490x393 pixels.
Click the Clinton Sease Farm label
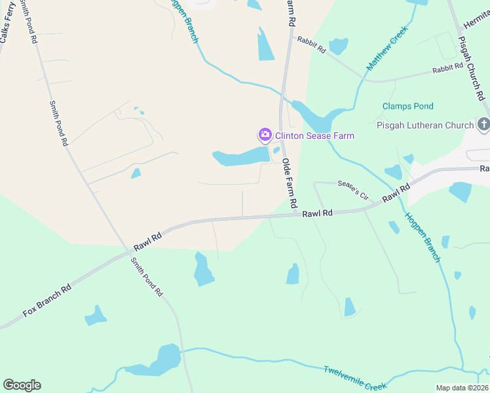coord(314,136)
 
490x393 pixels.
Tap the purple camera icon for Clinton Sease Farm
coord(265,136)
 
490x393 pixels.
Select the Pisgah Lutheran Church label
coord(425,125)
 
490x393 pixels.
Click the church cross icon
coord(483,124)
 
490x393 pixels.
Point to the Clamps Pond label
coord(408,106)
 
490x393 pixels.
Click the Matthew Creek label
coord(387,48)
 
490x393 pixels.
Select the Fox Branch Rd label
coord(47,301)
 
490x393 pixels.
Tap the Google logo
coord(22,385)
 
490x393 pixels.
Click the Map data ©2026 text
coord(462,388)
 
